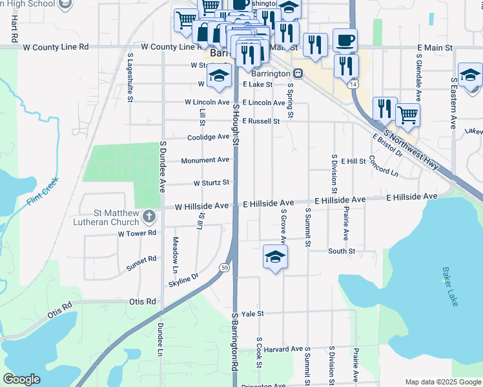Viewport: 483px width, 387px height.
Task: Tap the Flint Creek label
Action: (x=43, y=192)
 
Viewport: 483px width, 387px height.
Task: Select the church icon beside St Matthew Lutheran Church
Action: (x=149, y=216)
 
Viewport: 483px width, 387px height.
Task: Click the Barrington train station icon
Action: (x=298, y=74)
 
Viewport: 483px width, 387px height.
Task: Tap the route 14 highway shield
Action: (x=352, y=84)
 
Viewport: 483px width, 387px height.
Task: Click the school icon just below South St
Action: (x=275, y=257)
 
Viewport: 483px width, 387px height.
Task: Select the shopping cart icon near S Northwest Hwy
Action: (x=407, y=114)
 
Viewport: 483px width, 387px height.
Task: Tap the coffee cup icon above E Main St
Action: (x=345, y=40)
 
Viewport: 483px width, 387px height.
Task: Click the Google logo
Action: (x=22, y=379)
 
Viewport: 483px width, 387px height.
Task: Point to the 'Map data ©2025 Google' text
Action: (x=442, y=382)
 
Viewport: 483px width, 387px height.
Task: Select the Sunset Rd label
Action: (x=141, y=263)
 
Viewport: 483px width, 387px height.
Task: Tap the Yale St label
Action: (x=252, y=313)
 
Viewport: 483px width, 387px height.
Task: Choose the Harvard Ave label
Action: (x=287, y=349)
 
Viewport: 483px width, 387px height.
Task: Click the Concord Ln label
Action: (x=384, y=167)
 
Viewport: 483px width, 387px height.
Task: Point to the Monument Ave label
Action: (x=205, y=160)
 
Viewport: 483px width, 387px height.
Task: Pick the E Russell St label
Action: (x=261, y=121)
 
